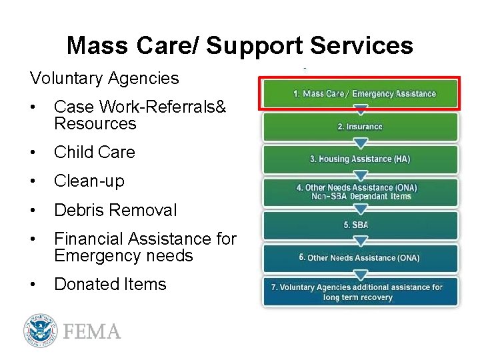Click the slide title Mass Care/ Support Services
pos(239,45)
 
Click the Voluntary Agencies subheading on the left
pos(104,78)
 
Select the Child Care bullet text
pos(94,152)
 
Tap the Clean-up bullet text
pos(89,181)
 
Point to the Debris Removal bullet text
pos(115,210)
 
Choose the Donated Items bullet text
pos(110,284)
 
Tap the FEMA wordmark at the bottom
pos(92,331)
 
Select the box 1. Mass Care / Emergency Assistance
pos(361,93)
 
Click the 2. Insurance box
pos(361,127)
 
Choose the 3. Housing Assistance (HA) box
pos(361,159)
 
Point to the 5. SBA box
pos(361,225)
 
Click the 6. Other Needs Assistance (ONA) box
pos(361,258)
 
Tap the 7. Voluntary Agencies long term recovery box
pos(361,292)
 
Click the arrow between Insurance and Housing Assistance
pos(361,143)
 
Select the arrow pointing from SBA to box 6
pos(361,241)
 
